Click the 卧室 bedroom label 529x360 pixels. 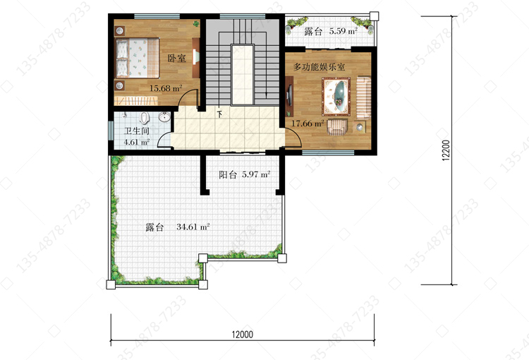(177, 58)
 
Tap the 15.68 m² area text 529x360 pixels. (166, 88)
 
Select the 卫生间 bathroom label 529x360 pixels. (137, 131)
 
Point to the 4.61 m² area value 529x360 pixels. (137, 142)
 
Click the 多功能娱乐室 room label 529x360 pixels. (319, 67)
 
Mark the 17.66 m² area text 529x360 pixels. (308, 124)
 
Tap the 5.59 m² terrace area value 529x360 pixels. (343, 31)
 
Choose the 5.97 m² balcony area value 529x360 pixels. (256, 174)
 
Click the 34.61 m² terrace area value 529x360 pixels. (193, 227)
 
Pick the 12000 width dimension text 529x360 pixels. (242, 335)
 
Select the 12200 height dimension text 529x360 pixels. (446, 150)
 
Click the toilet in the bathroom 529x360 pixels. (145, 118)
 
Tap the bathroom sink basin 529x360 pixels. (164, 117)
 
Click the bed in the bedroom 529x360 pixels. (138, 58)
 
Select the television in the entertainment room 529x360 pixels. (288, 94)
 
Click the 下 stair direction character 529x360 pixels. (219, 114)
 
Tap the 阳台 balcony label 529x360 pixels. (228, 174)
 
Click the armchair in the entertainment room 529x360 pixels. (337, 126)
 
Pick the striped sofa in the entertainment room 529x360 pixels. (364, 97)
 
